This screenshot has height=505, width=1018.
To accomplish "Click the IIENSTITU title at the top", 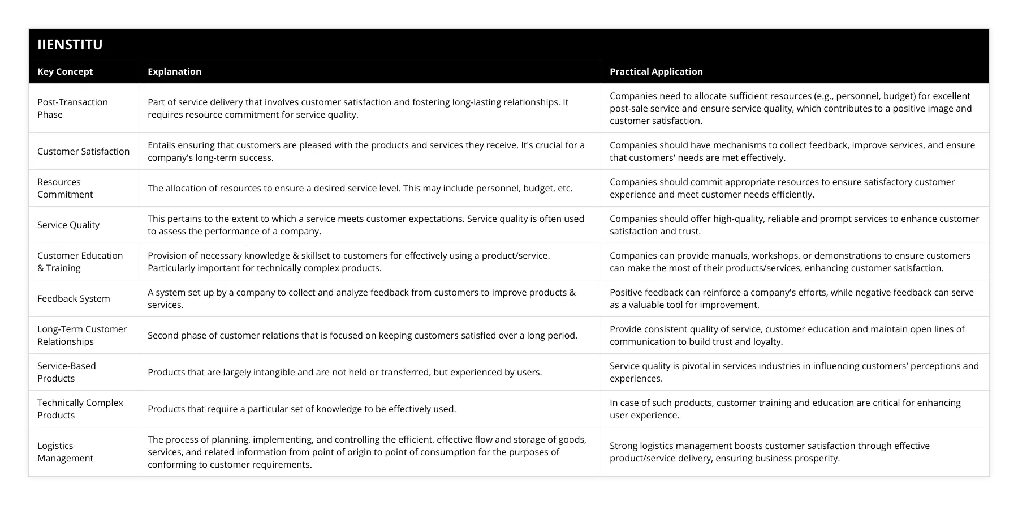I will click(70, 44).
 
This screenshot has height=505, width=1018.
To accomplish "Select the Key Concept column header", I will click(65, 71).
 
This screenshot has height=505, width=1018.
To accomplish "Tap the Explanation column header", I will click(174, 71).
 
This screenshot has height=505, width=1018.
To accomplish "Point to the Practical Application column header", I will click(656, 71).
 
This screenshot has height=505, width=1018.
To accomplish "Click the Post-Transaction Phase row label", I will click(72, 108).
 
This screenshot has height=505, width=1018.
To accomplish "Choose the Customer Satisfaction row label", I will click(83, 151).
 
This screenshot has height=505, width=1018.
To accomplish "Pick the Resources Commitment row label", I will click(65, 188).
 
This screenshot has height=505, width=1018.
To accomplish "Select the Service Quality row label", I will click(68, 225).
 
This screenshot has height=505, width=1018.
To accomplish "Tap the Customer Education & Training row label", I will click(80, 262).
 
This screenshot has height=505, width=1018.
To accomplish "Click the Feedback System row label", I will click(74, 298).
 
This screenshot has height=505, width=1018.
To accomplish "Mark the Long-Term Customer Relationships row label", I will click(82, 335).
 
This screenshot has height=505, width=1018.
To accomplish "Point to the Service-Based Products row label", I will click(67, 372).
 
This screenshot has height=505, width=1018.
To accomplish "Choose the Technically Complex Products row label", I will click(80, 409).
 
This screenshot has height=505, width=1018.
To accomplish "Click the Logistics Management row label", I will click(65, 452).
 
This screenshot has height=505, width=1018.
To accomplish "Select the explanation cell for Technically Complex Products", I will click(301, 409).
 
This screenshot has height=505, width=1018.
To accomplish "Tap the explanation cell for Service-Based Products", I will click(344, 372).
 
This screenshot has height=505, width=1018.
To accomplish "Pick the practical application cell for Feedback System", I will click(791, 298).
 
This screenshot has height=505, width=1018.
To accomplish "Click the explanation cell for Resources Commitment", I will click(360, 188).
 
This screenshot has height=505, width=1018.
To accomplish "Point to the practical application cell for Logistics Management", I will click(769, 452).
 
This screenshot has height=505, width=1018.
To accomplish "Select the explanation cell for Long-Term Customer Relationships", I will click(362, 335).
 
